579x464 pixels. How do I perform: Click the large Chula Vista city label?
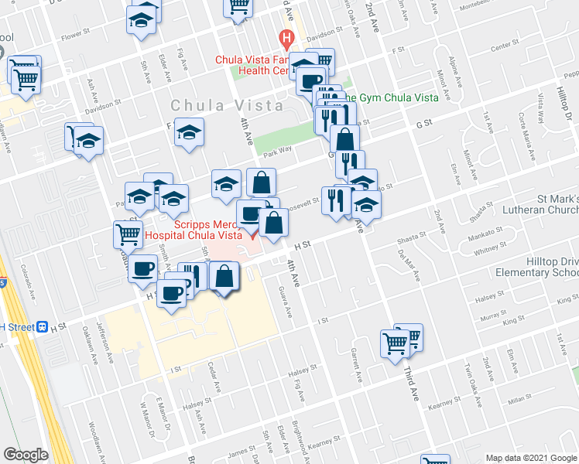pyautogui.click(x=218, y=105)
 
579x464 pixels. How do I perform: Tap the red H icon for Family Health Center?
pyautogui.click(x=286, y=37)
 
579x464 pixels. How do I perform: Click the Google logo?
pyautogui.click(x=26, y=454)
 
